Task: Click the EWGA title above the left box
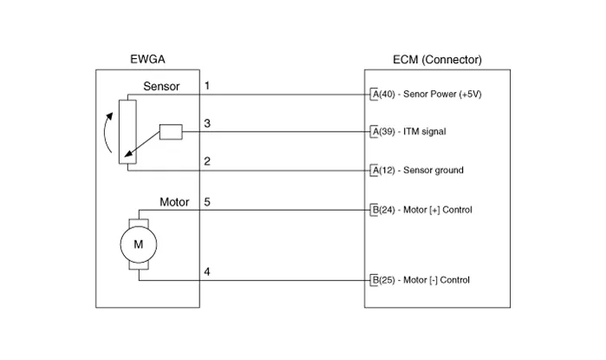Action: (x=147, y=60)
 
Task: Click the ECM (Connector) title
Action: (x=431, y=60)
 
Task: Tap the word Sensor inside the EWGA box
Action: (x=161, y=87)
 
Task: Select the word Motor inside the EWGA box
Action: (x=174, y=202)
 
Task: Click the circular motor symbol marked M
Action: (x=137, y=245)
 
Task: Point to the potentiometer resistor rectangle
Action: (x=127, y=131)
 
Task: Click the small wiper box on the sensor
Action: (x=170, y=132)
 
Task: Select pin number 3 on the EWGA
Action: (x=206, y=124)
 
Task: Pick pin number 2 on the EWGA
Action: (x=206, y=162)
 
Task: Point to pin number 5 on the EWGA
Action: (x=206, y=201)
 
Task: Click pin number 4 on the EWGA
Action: (x=206, y=272)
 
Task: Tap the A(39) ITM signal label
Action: (x=411, y=132)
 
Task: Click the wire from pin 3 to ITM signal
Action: (x=286, y=132)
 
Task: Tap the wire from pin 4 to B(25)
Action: (x=286, y=280)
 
